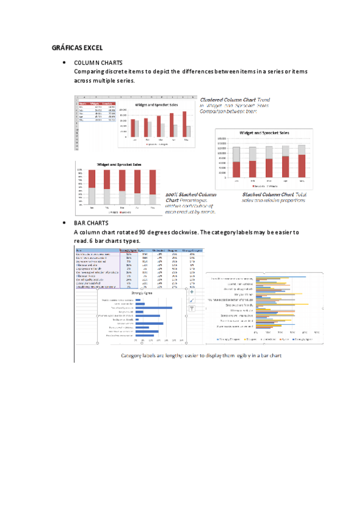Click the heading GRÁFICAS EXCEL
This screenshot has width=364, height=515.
77,47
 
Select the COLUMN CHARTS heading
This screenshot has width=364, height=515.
98,63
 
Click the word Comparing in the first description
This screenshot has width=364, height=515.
90,72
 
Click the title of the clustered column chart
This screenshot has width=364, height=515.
157,104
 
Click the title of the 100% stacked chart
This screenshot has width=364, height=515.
120,164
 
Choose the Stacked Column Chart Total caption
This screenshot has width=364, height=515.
272,194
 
